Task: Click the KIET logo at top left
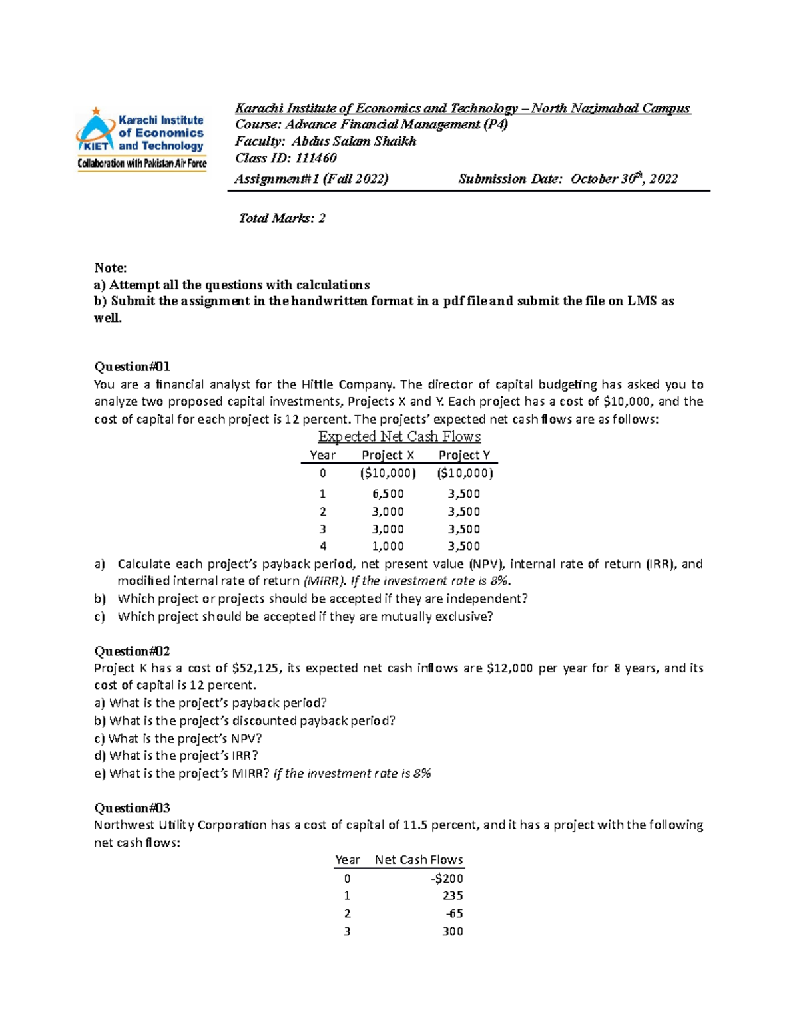(141, 138)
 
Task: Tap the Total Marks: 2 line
(282, 218)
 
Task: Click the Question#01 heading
(133, 367)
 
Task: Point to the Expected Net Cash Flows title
(400, 436)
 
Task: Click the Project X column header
(388, 455)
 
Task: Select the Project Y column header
(465, 455)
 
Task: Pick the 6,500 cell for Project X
(388, 494)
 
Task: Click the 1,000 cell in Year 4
(388, 546)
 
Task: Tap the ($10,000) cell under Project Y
(465, 473)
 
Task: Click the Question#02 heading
(133, 651)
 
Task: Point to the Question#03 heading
(133, 808)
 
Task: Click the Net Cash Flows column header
(419, 859)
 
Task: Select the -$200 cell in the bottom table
(447, 878)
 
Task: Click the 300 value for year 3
(453, 931)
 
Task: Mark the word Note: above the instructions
(111, 268)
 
